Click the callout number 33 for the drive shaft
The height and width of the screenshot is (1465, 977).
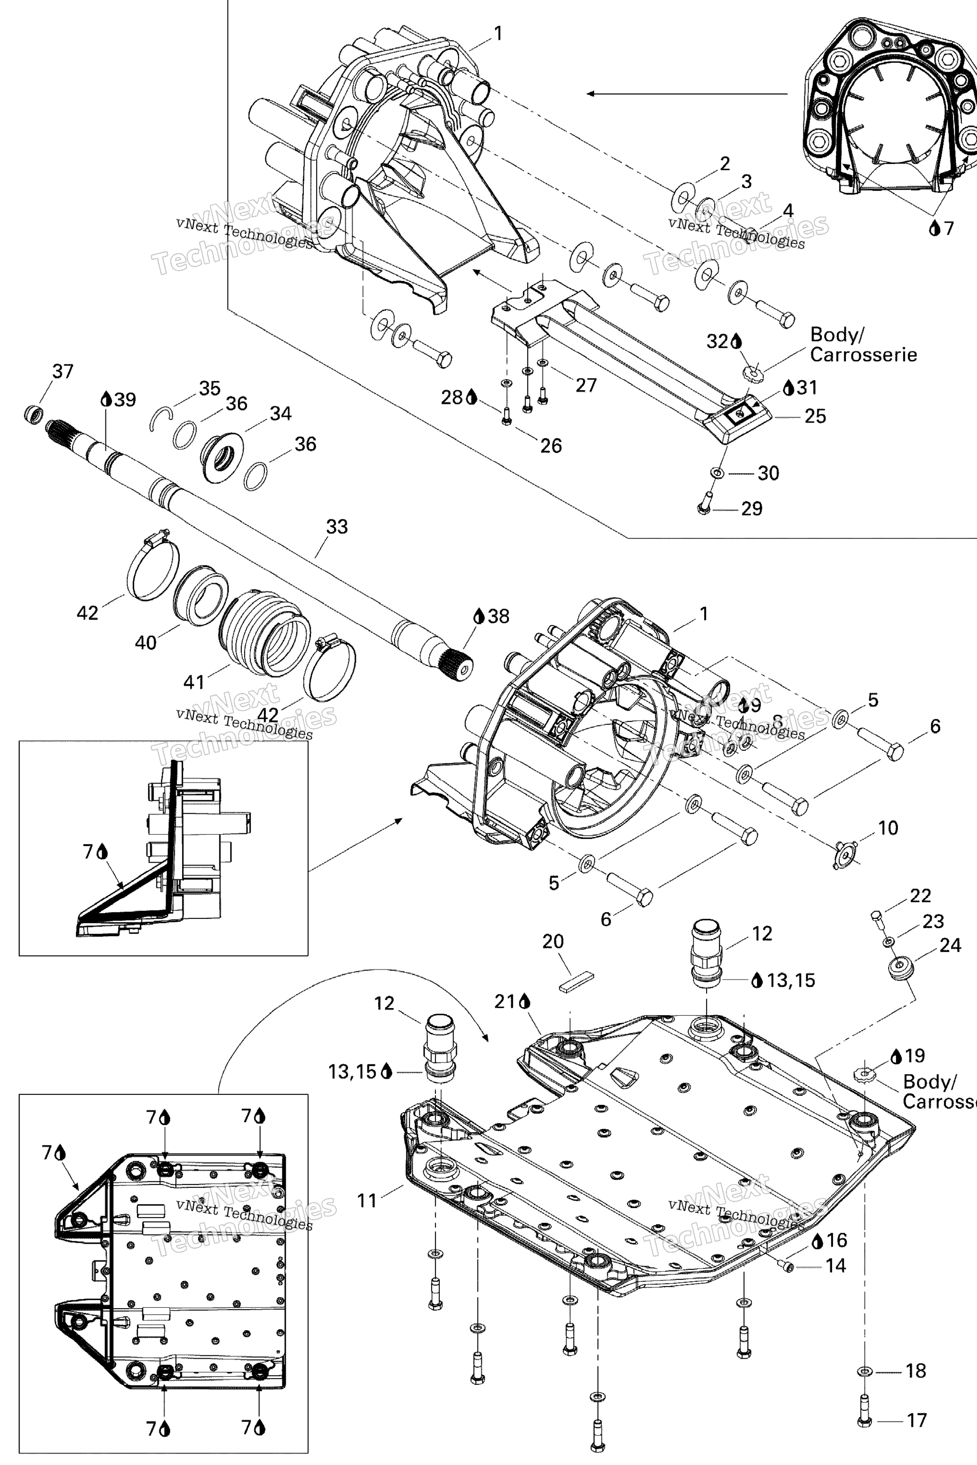tap(337, 527)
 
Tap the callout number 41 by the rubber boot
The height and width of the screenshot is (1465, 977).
tap(194, 682)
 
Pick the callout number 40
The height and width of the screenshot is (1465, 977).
tap(146, 642)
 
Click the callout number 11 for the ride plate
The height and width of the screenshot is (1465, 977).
tap(367, 1200)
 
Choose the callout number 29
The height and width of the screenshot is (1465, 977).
tap(752, 509)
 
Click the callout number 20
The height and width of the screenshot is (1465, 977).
tap(553, 941)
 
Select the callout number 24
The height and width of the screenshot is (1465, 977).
tap(950, 946)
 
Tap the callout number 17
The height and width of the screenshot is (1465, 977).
tap(916, 1421)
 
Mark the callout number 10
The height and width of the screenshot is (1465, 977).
tap(888, 828)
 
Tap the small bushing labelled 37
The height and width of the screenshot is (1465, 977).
tap(34, 413)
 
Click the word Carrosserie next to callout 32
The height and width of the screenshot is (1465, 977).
tap(863, 355)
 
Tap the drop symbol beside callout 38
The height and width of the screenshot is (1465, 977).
tap(478, 616)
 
